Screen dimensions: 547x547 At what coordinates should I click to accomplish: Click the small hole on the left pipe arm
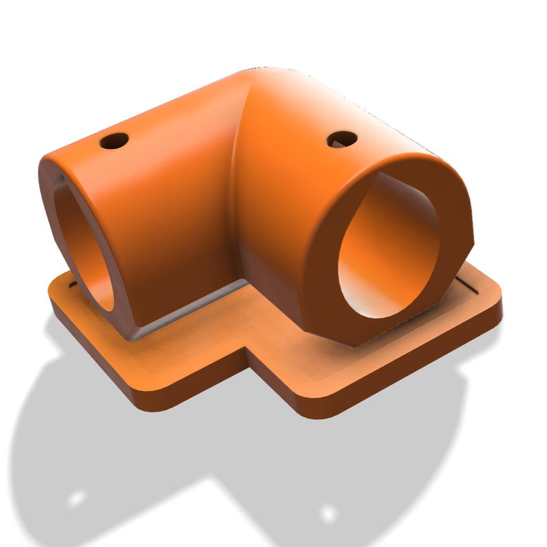[114, 141]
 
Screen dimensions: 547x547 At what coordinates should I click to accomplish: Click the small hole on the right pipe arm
[342, 139]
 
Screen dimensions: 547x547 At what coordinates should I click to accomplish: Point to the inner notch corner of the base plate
[247, 350]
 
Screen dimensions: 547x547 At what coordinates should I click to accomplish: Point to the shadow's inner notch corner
[214, 478]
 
